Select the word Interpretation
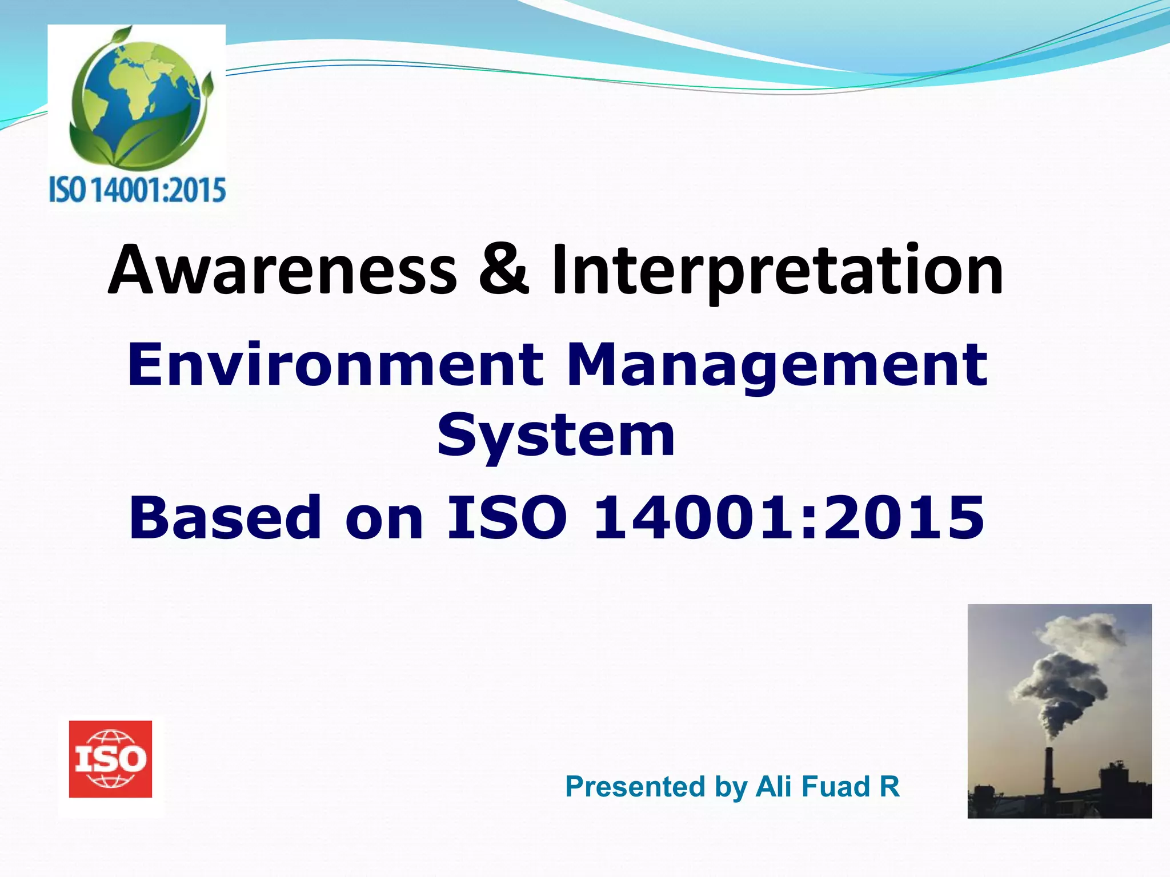(777, 271)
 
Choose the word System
(556, 437)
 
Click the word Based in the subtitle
(226, 517)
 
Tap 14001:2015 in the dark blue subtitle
(789, 517)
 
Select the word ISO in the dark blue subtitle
(506, 517)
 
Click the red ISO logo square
(110, 759)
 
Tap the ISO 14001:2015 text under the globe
(137, 190)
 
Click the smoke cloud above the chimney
(1063, 674)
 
